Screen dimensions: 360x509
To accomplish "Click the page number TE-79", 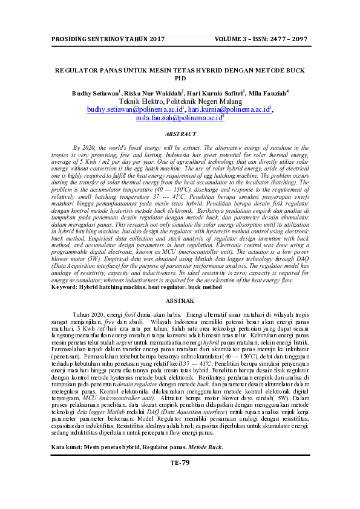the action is (180, 462).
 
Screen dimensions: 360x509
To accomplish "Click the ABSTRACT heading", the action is (180, 134).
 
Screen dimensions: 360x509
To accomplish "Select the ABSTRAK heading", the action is (180, 300).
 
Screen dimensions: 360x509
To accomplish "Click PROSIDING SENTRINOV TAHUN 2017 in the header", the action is (99, 39).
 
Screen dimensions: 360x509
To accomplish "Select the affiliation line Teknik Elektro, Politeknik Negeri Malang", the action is (180, 102).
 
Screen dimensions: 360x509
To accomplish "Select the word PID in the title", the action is (180, 79).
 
